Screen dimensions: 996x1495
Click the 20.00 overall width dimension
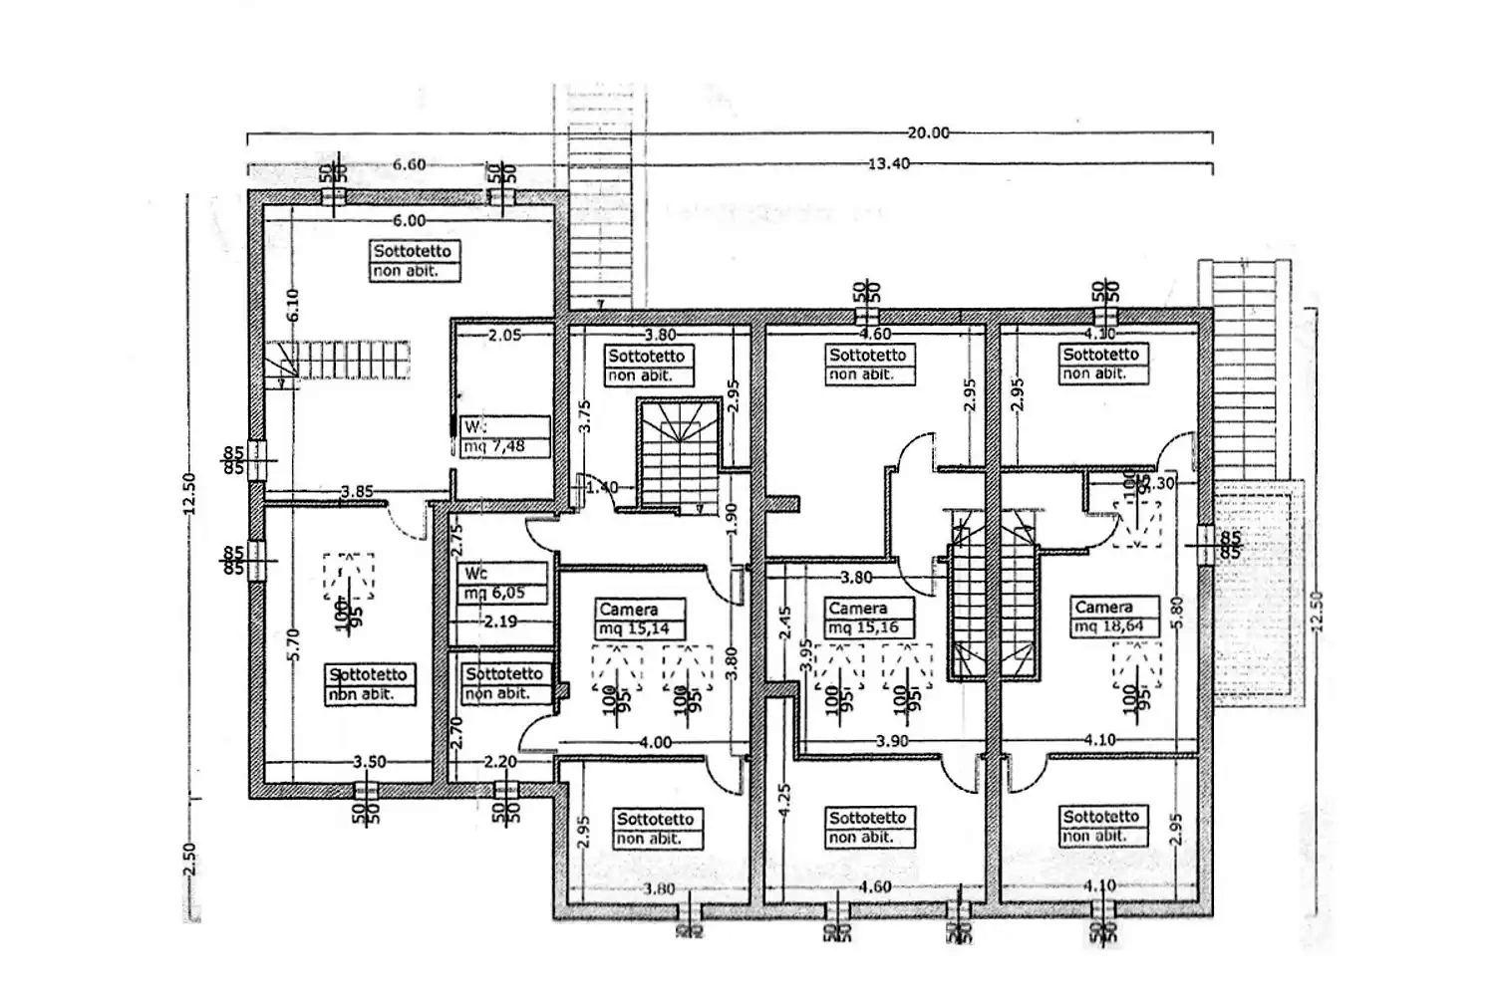928,132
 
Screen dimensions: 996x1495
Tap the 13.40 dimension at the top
888,163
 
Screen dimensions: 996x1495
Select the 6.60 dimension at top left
409,164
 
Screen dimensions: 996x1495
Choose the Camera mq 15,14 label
641,619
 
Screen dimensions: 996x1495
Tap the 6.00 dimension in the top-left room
409,221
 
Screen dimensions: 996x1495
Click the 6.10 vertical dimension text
292,305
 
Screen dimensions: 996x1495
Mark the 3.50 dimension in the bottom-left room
369,762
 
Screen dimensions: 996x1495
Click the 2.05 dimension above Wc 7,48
505,336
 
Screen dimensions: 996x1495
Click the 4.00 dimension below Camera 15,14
655,742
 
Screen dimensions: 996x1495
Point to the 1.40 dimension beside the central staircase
603,487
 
